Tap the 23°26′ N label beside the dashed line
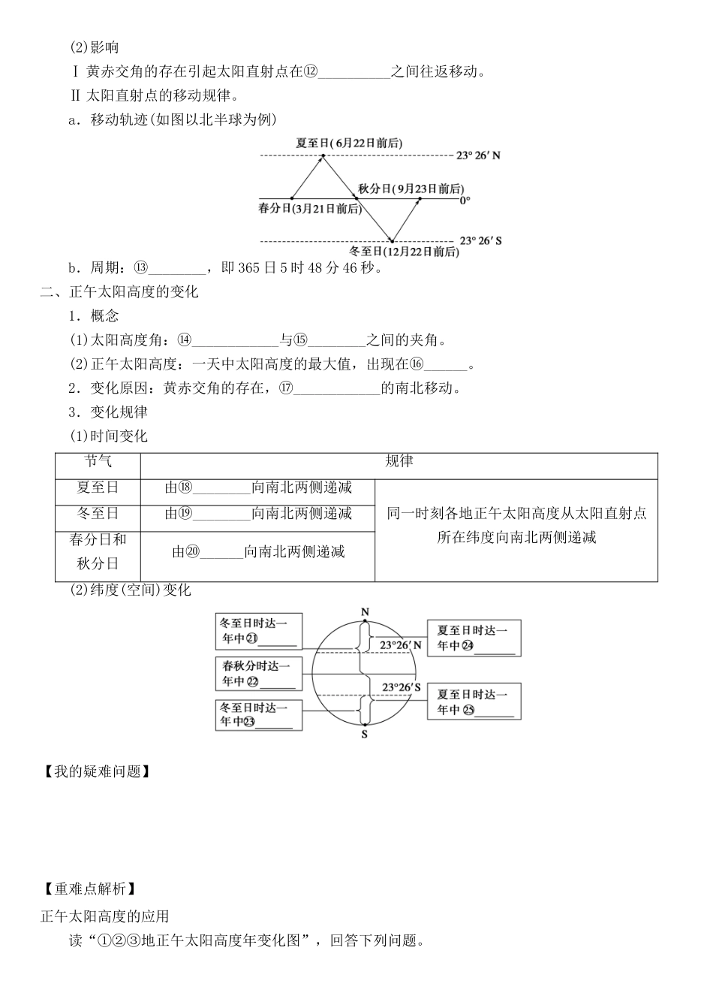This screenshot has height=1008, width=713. pos(478,155)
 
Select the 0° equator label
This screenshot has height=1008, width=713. pos(465,200)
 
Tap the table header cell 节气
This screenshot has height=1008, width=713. pos(98,461)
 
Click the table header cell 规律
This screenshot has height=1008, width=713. pos(399,461)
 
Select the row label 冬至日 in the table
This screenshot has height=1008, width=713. pos(98,514)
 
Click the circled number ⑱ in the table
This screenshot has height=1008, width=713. pos(185,487)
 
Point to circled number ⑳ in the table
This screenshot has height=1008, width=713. pos(192,552)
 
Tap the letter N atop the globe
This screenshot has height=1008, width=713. pos(366,612)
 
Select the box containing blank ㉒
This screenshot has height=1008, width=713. pos(258,674)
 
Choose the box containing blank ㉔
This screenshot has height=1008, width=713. pos(474,638)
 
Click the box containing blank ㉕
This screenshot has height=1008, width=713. pos(474,702)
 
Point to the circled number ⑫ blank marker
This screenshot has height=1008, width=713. pos(311,71)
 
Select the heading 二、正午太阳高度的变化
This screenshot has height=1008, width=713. pos(119,292)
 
